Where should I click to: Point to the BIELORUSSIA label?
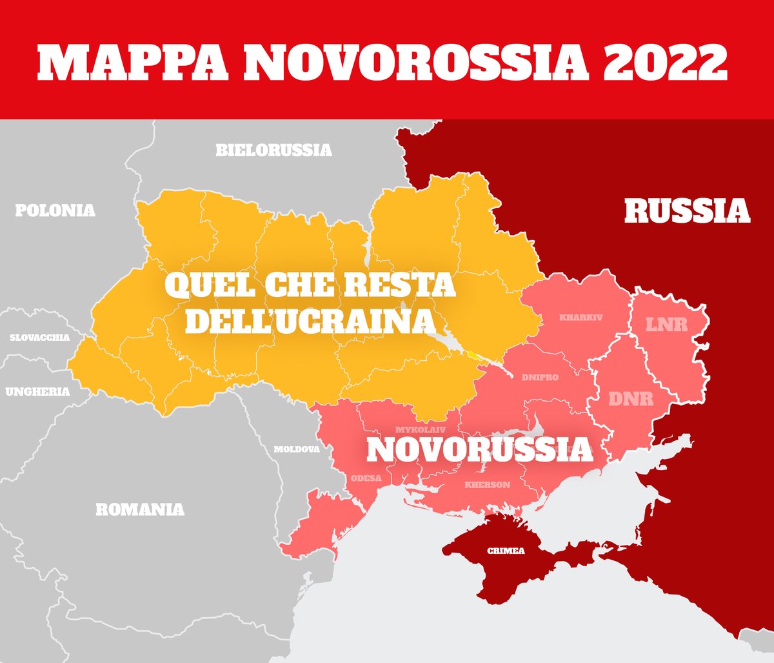click(273, 150)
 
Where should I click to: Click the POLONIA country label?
click(55, 210)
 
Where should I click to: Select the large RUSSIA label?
click(687, 211)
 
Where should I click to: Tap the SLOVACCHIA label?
click(39, 338)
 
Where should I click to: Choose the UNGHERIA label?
click(37, 391)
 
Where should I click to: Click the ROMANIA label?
click(140, 509)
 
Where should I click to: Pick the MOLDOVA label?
click(297, 449)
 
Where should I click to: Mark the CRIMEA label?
click(506, 551)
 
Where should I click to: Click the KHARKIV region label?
click(580, 318)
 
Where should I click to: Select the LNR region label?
click(667, 324)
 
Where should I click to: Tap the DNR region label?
click(631, 399)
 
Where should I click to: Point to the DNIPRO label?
click(540, 378)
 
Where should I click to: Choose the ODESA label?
click(366, 478)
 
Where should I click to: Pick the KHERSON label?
click(487, 485)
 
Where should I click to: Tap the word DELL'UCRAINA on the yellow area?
click(309, 321)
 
